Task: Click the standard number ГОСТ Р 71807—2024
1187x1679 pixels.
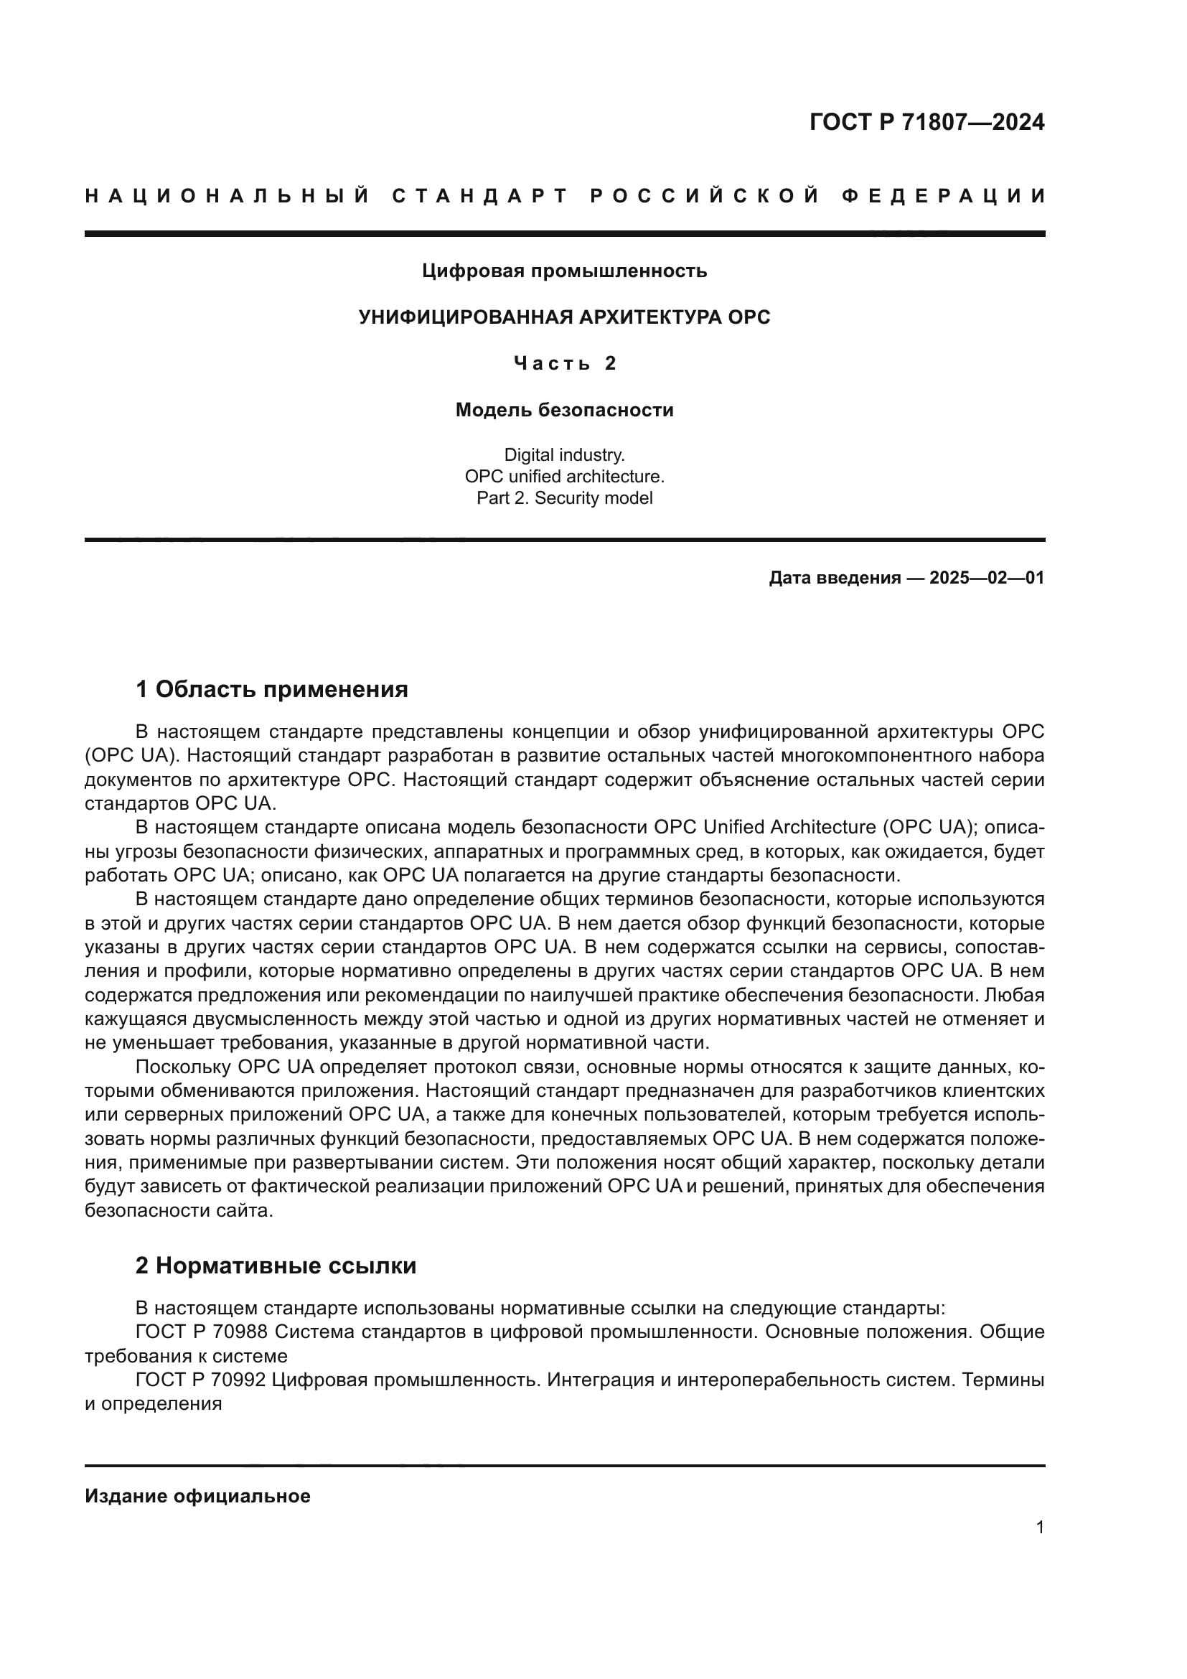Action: click(926, 122)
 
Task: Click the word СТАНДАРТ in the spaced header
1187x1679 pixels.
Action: click(480, 196)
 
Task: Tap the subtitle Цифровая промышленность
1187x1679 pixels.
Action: click(564, 271)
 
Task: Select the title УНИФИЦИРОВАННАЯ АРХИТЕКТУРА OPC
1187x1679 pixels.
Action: click(564, 317)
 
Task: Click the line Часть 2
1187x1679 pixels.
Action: click(564, 363)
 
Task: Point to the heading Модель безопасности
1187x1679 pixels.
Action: click(564, 411)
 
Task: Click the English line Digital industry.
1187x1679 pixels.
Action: click(564, 455)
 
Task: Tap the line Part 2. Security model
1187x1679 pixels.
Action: click(564, 498)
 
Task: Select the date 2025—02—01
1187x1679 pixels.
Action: click(986, 578)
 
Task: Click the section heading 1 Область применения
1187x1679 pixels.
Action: click(272, 689)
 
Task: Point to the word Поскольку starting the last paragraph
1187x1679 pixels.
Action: click(184, 1067)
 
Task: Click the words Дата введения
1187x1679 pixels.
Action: click(834, 578)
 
